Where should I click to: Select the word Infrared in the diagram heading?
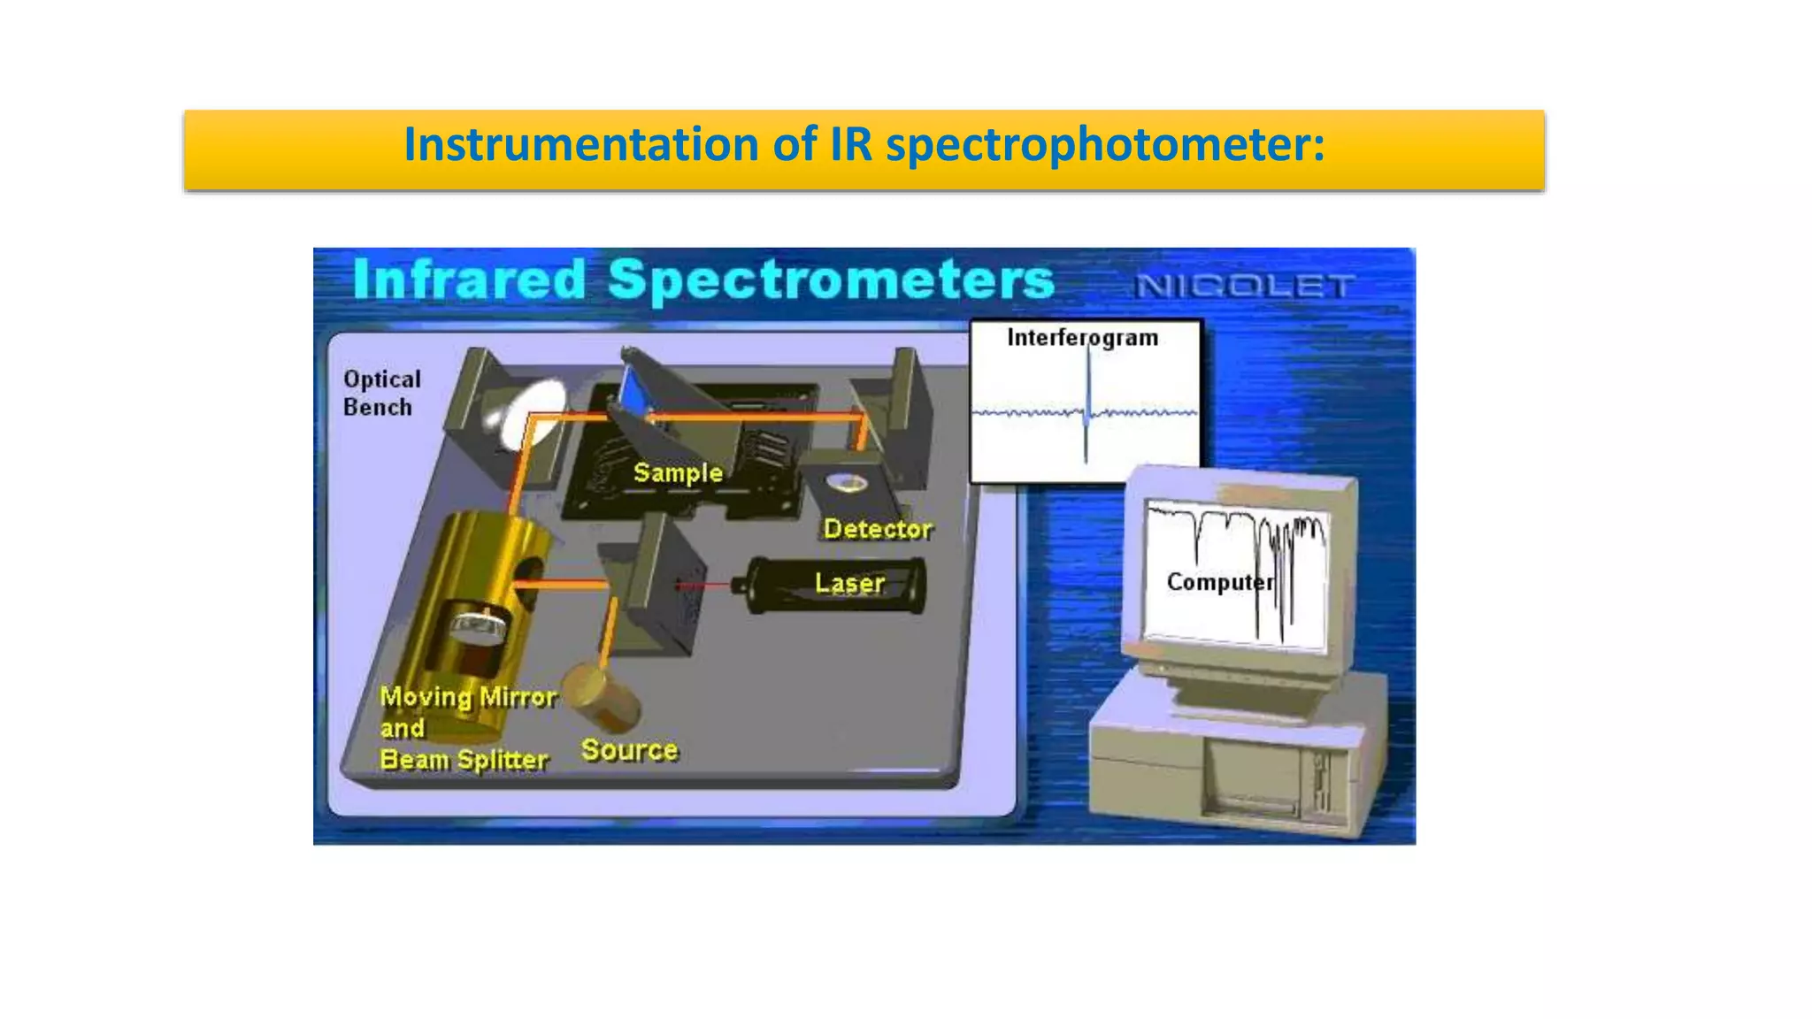470,280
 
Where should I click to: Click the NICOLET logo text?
1244,286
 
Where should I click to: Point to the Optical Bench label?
381,393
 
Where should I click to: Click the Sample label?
678,472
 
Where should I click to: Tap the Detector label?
877,529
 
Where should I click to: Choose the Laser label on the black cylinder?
849,583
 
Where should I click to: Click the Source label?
629,750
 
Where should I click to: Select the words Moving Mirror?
468,697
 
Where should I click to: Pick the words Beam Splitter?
464,760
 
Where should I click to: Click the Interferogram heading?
1082,338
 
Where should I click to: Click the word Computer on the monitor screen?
1219,582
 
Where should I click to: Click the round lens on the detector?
847,483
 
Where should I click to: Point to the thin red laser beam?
704,585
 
